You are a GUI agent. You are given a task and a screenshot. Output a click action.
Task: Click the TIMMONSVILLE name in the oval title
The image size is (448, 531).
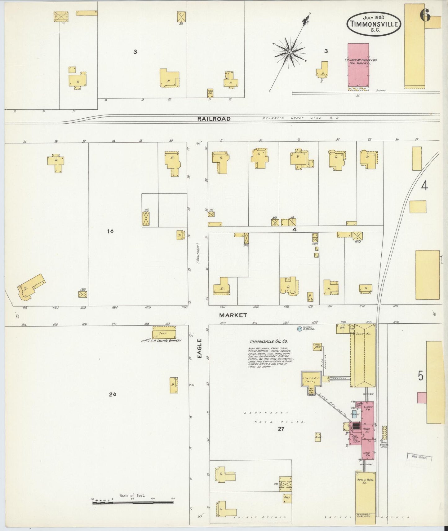(374, 24)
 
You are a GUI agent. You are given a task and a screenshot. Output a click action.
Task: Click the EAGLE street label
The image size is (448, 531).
(200, 349)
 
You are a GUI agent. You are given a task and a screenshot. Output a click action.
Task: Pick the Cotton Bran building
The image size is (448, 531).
(317, 347)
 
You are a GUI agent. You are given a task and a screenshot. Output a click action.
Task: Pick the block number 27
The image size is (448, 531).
(281, 429)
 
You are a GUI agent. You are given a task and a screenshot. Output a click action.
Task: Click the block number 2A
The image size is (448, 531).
(112, 395)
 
